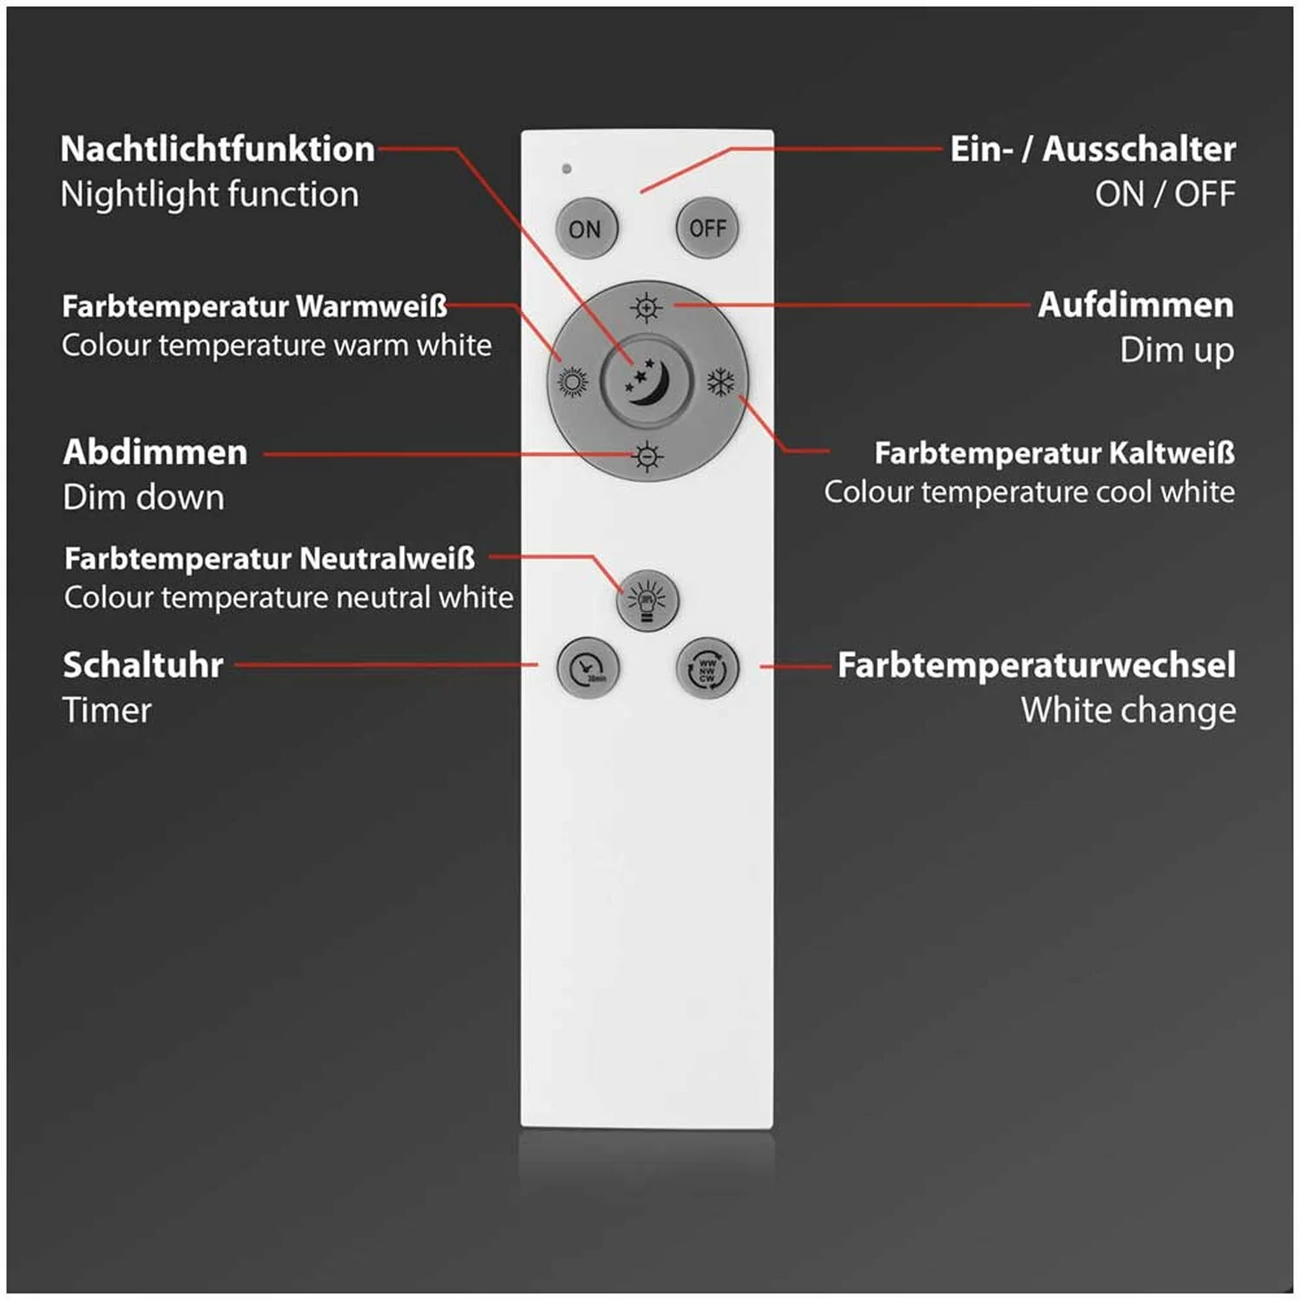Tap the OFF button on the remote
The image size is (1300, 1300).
click(x=707, y=228)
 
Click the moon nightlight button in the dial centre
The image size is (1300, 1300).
click(x=647, y=380)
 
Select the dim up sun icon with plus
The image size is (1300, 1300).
click(x=647, y=307)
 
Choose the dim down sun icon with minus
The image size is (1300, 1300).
click(x=647, y=456)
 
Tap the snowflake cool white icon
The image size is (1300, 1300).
click(x=721, y=381)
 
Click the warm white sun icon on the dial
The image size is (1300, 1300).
click(x=573, y=381)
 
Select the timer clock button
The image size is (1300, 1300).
click(x=588, y=667)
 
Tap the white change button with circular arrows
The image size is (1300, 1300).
click(x=707, y=667)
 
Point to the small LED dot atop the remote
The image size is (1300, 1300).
click(x=567, y=168)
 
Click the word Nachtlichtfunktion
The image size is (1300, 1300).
click(x=218, y=149)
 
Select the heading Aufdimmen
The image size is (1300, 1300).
click(x=1136, y=305)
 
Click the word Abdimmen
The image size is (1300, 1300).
click(x=155, y=452)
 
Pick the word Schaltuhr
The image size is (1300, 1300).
click(x=143, y=665)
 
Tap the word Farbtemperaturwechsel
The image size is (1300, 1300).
click(x=1037, y=665)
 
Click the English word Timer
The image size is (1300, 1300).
click(x=107, y=711)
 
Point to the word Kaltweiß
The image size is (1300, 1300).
click(x=1172, y=452)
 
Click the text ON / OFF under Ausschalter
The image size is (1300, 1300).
click(x=1165, y=194)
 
